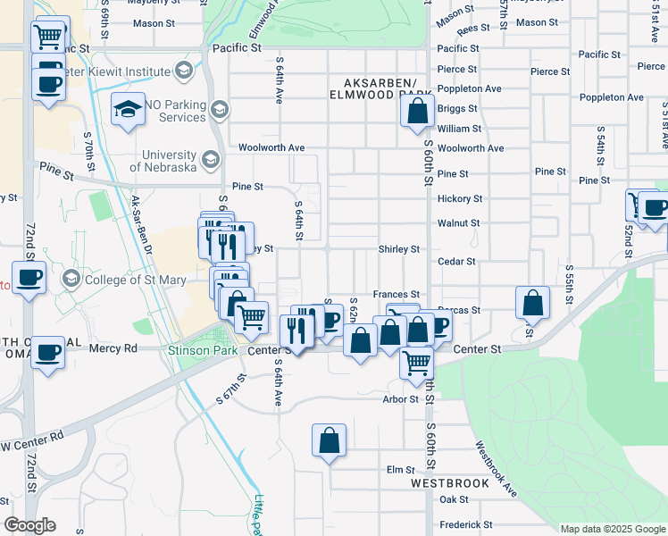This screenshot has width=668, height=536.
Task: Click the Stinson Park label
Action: [x=203, y=351]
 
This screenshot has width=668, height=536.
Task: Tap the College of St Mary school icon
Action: [x=71, y=280]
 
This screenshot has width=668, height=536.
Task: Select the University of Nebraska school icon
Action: [x=211, y=160]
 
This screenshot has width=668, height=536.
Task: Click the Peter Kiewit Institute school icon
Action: [x=184, y=71]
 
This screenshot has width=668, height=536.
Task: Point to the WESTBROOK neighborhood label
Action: [x=450, y=482]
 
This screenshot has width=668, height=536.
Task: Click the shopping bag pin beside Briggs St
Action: [x=417, y=113]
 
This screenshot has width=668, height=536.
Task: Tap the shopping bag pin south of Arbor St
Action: [x=329, y=440]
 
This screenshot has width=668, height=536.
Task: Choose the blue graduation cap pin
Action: [x=129, y=109]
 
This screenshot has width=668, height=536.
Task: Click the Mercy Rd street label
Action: [x=113, y=348]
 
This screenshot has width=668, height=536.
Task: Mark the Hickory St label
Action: [x=460, y=198]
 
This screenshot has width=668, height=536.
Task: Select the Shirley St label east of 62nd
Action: [x=398, y=249]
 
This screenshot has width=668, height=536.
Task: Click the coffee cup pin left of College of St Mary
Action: [x=28, y=276]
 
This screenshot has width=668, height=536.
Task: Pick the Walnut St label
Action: [x=458, y=223]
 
